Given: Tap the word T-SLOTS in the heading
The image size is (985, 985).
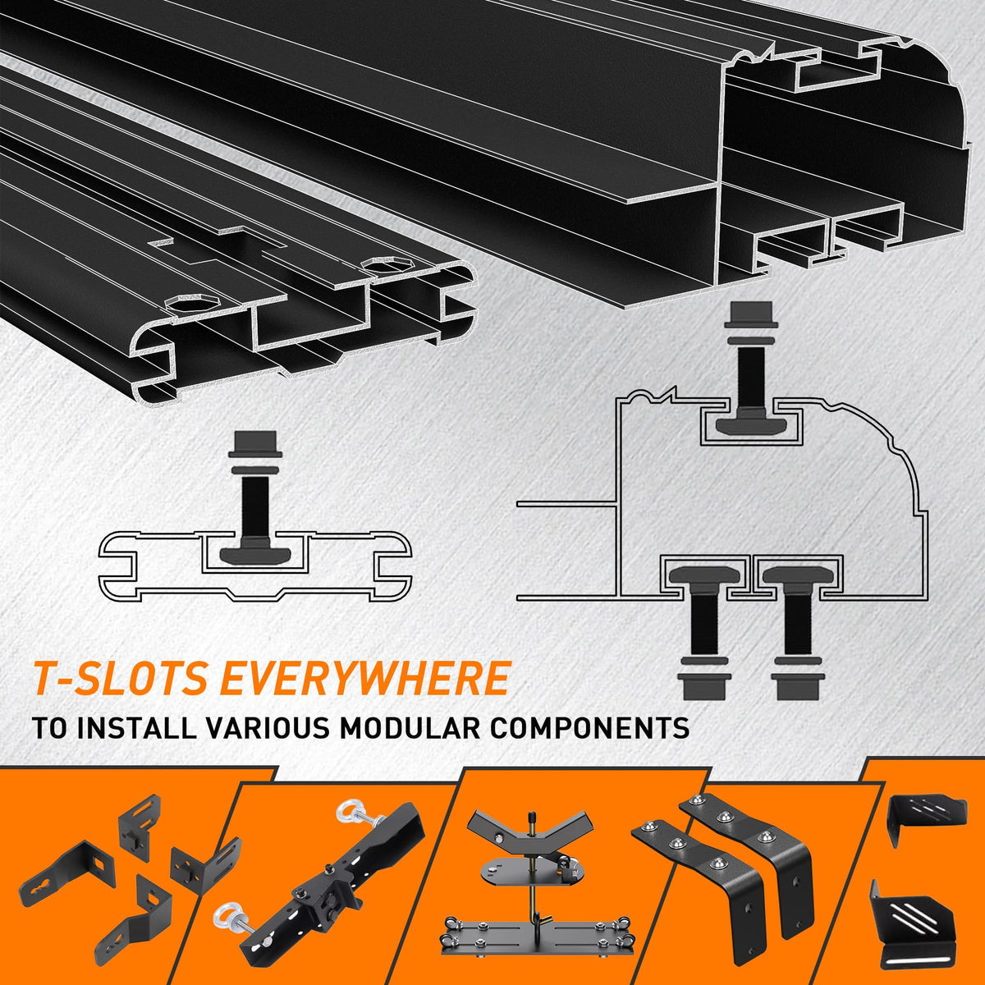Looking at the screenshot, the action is pyautogui.click(x=120, y=678).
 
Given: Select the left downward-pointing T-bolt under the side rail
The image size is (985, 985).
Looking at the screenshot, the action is pyautogui.click(x=703, y=633).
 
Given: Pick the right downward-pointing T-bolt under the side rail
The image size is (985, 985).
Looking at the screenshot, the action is pyautogui.click(x=797, y=633).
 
